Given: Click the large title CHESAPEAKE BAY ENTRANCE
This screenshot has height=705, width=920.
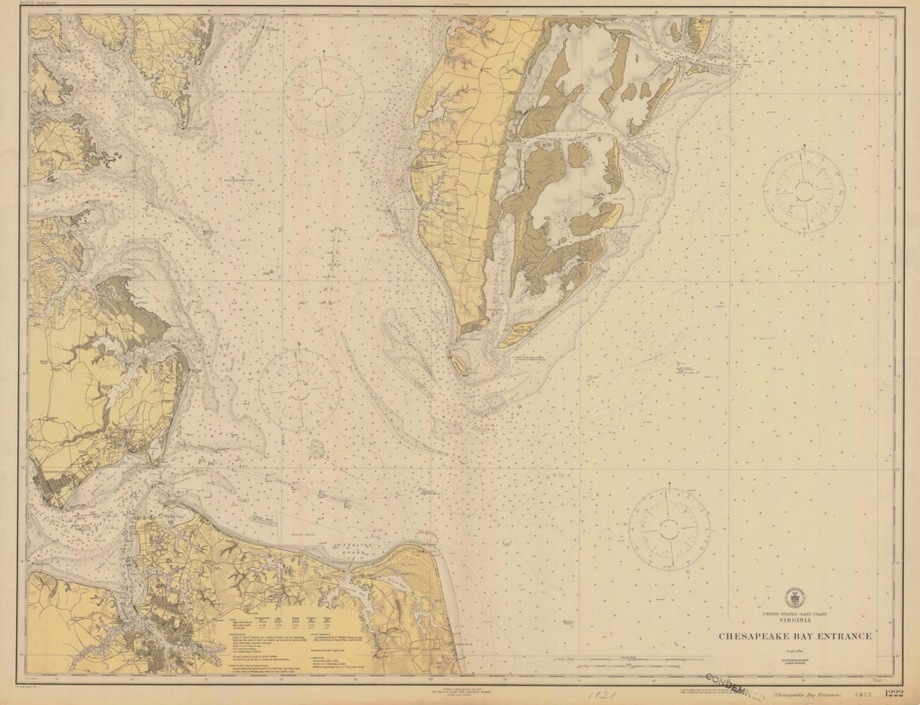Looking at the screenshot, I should pos(794,636).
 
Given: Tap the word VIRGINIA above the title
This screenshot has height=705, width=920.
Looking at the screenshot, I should pos(794,622).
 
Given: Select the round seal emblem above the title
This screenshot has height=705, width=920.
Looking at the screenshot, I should pos(794,598).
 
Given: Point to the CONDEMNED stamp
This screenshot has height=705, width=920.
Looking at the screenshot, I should pos(734,688).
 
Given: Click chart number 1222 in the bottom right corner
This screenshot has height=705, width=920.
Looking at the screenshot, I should pos(893,692).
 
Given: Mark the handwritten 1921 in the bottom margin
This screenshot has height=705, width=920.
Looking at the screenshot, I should pos(603,695).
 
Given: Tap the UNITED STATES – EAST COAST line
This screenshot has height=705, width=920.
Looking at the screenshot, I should pos(794,615).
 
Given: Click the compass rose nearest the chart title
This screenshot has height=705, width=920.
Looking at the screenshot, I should pos(669,527).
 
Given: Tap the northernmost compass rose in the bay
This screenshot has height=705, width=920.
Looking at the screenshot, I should pos(324,96).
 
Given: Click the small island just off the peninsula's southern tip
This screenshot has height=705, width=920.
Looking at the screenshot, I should pos(460,364).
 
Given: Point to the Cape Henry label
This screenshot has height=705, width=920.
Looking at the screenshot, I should pos(426,538).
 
